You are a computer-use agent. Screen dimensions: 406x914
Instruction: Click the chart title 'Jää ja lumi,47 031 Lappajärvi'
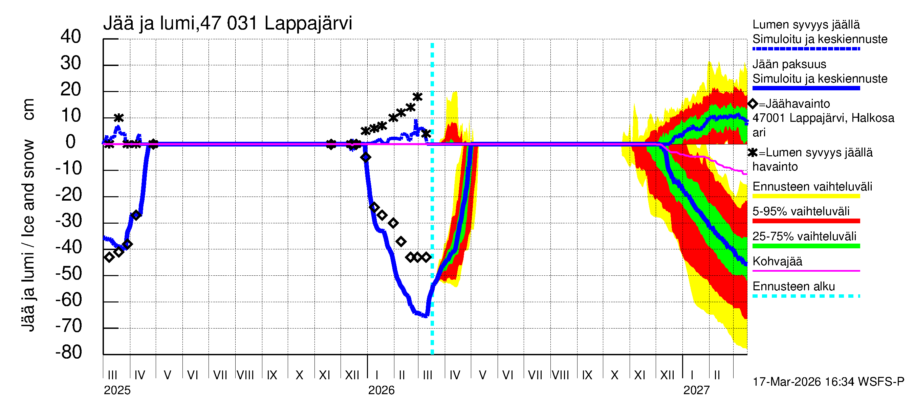click(x=227, y=23)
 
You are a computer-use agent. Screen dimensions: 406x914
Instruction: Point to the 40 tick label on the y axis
click(x=71, y=37)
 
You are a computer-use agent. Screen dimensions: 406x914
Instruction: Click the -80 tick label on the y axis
click(x=69, y=353)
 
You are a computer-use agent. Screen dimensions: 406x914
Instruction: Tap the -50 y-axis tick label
click(x=69, y=273)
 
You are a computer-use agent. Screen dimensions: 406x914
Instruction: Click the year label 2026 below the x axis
click(x=381, y=390)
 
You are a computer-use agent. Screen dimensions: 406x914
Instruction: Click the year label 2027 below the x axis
click(x=696, y=390)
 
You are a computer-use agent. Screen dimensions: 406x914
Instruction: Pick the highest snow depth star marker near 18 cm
click(x=418, y=97)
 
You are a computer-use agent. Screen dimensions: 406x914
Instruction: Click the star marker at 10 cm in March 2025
click(x=118, y=118)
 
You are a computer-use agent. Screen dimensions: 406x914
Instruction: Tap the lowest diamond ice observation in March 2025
click(x=109, y=257)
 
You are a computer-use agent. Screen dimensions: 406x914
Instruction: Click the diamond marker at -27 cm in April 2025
click(x=136, y=215)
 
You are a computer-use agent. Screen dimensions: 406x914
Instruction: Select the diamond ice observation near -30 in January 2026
click(x=393, y=223)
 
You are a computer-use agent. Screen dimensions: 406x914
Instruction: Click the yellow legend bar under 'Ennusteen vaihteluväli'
click(x=806, y=197)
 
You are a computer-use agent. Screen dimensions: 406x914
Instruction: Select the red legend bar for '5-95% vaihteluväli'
click(x=806, y=221)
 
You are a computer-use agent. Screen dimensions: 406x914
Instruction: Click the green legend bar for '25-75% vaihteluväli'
click(x=806, y=246)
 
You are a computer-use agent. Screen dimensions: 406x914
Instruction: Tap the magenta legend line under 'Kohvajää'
click(x=806, y=271)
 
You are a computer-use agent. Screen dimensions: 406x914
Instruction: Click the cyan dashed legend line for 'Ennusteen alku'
click(x=806, y=296)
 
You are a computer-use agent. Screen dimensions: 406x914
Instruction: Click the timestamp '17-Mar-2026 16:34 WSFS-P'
click(x=828, y=382)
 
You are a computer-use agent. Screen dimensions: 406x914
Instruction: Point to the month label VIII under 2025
click(x=245, y=375)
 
